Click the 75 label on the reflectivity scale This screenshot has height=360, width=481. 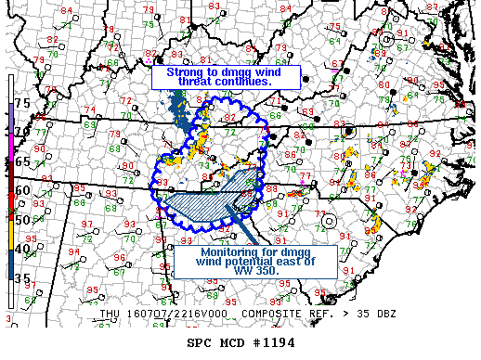(x=21, y=104)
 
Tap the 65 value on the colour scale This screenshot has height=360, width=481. (x=21, y=161)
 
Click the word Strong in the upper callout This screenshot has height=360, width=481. (x=186, y=71)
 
